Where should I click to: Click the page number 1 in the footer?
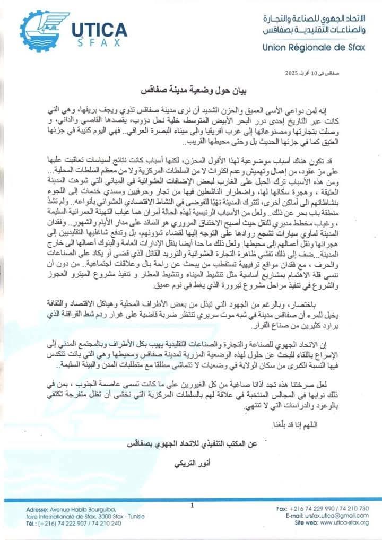pyautogui.click(x=192, y=505)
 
